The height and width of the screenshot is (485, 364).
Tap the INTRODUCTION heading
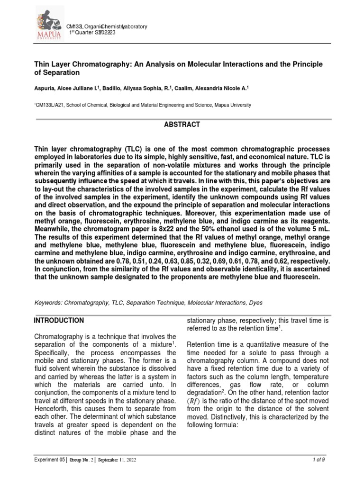coord(59,321)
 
